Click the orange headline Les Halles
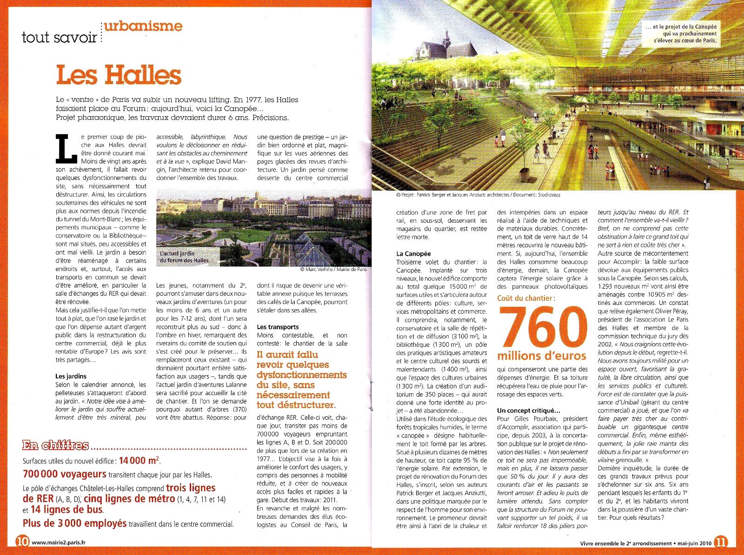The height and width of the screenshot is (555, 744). [119, 75]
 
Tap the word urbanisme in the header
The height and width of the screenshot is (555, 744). [143, 26]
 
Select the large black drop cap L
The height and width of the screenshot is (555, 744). [66, 149]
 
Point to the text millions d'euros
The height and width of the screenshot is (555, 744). [542, 356]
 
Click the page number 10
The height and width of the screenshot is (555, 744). [22, 542]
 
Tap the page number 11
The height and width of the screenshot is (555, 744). [720, 542]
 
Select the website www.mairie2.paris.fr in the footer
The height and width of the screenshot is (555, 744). [59, 542]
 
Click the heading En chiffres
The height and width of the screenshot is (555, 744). [55, 446]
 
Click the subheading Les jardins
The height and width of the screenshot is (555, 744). [71, 376]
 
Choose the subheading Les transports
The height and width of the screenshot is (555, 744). [278, 327]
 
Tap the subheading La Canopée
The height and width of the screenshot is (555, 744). [413, 254]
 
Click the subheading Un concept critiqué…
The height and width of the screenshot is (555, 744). [529, 410]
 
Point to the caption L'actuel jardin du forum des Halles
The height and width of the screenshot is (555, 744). [184, 257]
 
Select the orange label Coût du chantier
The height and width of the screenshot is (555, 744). [526, 298]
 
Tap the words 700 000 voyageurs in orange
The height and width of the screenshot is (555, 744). [65, 474]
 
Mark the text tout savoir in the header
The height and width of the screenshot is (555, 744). [59, 37]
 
